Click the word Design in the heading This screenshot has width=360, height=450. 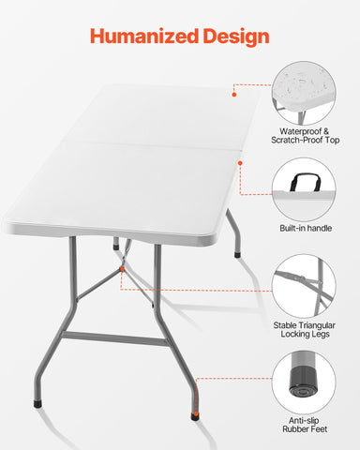tap(236, 37)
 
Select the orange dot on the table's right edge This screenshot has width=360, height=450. tap(241, 163)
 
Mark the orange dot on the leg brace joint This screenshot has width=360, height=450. tap(122, 271)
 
